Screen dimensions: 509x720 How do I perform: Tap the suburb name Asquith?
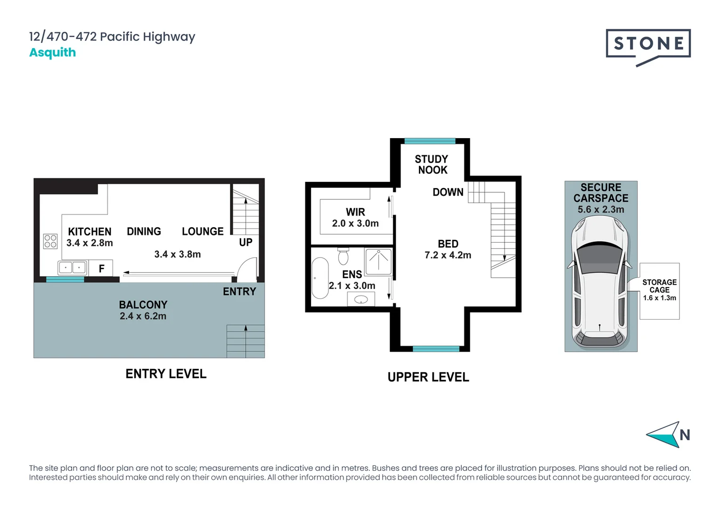[x=52, y=52]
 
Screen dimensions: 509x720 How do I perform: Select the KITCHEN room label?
[x=90, y=231]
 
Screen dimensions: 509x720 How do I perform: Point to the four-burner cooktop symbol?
[x=50, y=241]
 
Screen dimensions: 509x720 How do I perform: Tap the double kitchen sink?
[x=72, y=268]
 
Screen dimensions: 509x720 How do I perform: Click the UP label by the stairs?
[x=245, y=242]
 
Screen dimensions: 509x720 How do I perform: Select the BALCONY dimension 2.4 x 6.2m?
[x=143, y=316]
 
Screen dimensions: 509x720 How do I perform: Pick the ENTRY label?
[x=239, y=292]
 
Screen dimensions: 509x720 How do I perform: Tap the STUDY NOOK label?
[x=432, y=164]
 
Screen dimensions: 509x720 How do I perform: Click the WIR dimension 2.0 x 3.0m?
[x=355, y=223]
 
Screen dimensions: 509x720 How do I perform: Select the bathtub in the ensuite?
[x=320, y=278]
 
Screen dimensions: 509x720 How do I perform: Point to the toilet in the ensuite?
[x=343, y=256]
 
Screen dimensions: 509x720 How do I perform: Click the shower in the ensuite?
[x=379, y=262]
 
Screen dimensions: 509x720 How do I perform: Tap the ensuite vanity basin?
[x=361, y=299]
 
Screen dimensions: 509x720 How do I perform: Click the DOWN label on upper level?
[x=448, y=192]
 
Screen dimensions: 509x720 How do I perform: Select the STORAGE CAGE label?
[x=659, y=286]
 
